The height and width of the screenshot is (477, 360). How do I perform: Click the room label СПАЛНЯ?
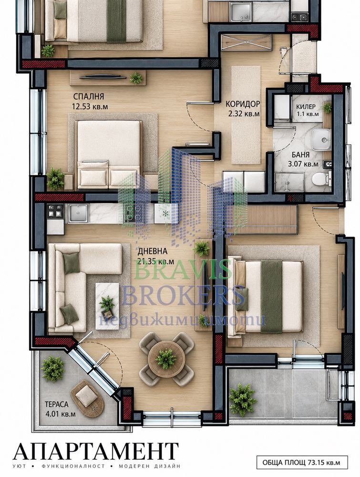(89, 96)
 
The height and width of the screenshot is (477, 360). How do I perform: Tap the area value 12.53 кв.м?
(90, 107)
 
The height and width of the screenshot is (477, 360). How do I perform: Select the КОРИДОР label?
(243, 104)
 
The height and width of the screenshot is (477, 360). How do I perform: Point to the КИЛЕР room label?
(306, 107)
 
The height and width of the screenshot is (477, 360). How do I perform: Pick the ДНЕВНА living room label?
(153, 251)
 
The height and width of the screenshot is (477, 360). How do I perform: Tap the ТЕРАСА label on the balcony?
(57, 404)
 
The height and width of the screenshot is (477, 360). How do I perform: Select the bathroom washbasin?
(321, 140)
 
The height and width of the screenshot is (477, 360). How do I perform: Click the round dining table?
(166, 360)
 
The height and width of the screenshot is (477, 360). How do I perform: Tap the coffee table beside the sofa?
(107, 306)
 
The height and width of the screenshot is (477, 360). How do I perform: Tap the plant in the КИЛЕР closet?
(327, 108)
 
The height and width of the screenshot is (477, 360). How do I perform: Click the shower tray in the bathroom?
(289, 182)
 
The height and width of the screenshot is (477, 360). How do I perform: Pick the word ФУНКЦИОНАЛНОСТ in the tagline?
(73, 466)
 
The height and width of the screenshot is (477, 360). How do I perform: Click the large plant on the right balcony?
(242, 399)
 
